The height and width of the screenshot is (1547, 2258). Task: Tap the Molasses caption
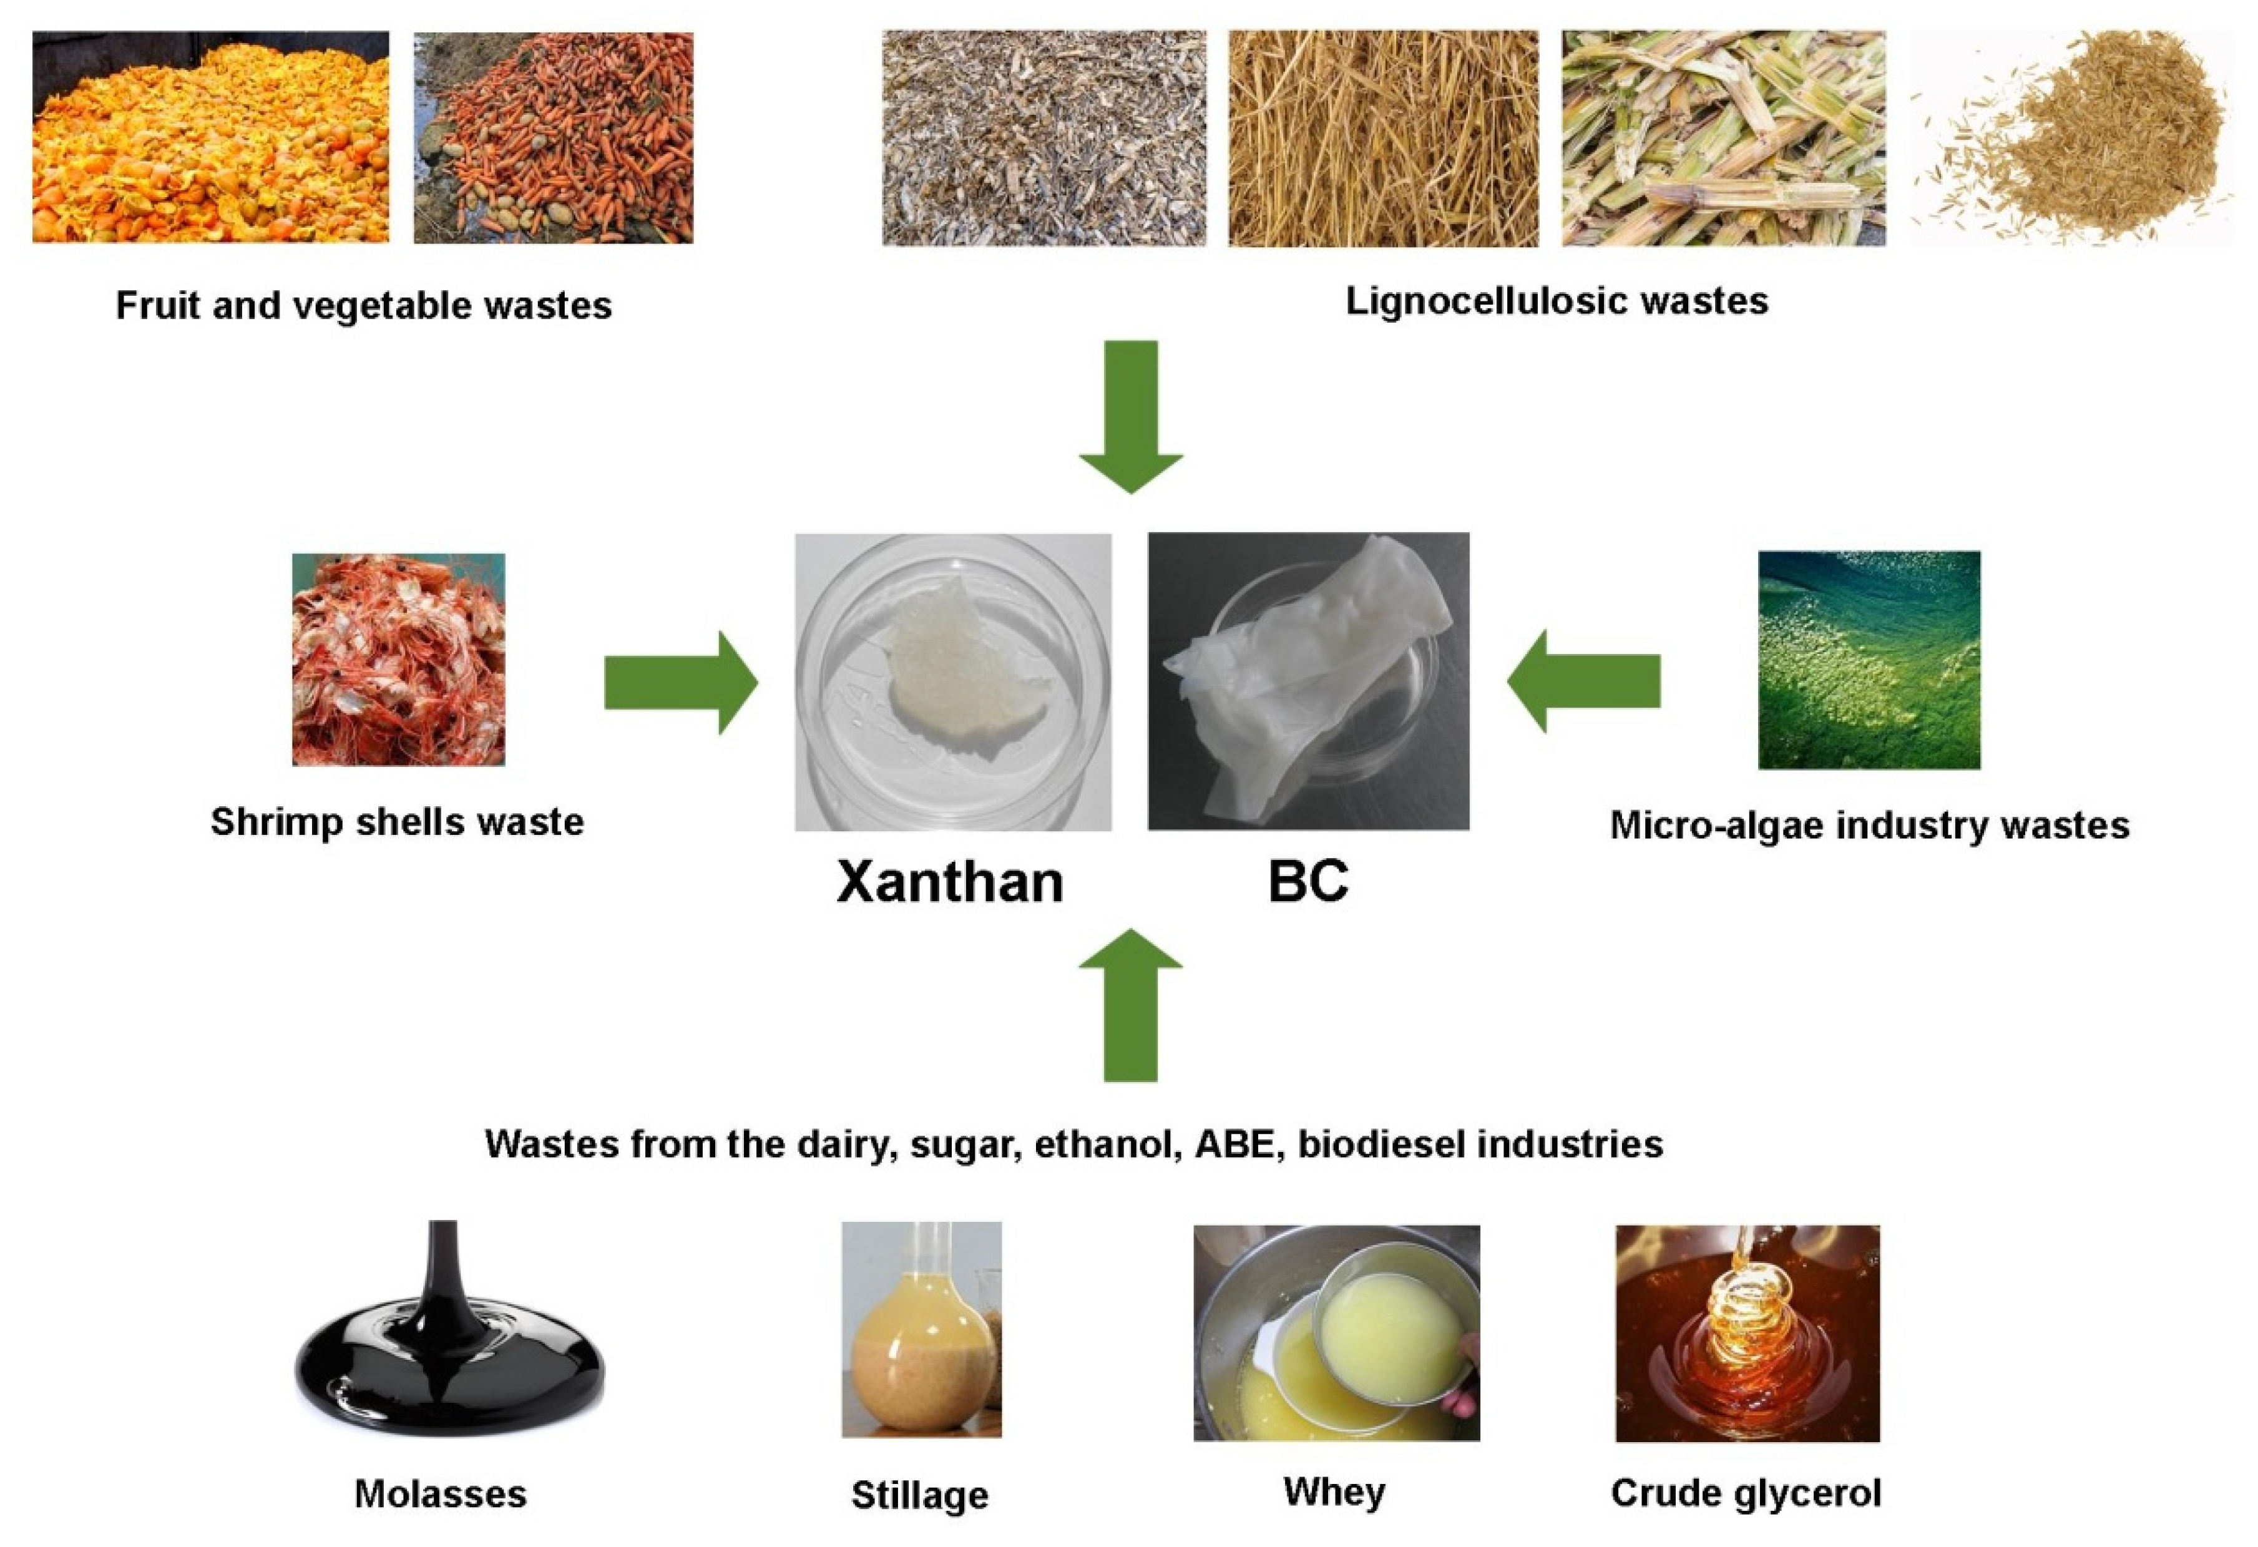pyautogui.click(x=440, y=1493)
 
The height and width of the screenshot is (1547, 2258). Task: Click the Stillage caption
pyautogui.click(x=919, y=1495)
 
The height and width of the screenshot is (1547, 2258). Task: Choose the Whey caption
pyautogui.click(x=1334, y=1491)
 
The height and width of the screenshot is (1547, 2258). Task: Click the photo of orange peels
pyautogui.click(x=211, y=137)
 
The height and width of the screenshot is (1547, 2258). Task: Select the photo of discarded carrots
pyautogui.click(x=553, y=137)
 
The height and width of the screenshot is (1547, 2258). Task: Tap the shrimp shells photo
pyautogui.click(x=398, y=659)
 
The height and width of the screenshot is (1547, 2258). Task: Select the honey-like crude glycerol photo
pyautogui.click(x=1747, y=1333)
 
